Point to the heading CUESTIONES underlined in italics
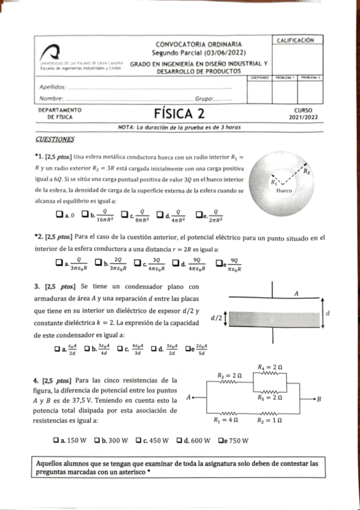pyautogui.click(x=55, y=140)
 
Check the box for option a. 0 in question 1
pyautogui.click(x=59, y=214)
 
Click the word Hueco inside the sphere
pyautogui.click(x=283, y=190)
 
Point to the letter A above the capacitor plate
pyautogui.click(x=296, y=293)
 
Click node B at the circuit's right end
pyautogui.click(x=319, y=399)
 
